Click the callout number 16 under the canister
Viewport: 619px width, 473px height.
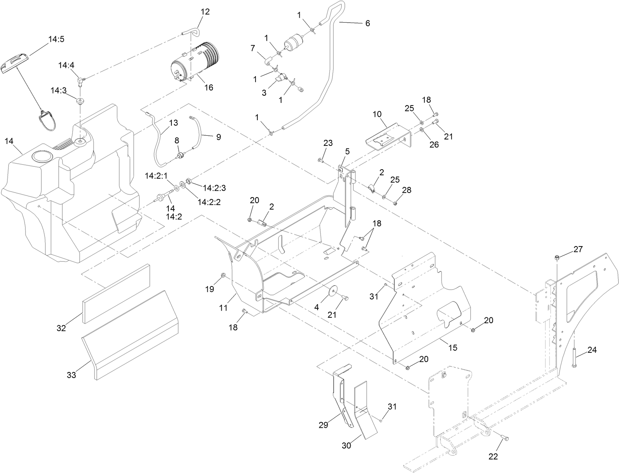pyautogui.click(x=208, y=87)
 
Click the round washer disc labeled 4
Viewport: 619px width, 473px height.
pyautogui.click(x=333, y=293)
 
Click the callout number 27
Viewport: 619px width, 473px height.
pyautogui.click(x=578, y=249)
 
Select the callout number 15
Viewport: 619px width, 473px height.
pyautogui.click(x=452, y=347)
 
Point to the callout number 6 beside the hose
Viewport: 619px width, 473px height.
pyautogui.click(x=367, y=23)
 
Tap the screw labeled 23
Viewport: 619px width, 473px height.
pyautogui.click(x=320, y=161)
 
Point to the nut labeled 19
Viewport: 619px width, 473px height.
pyautogui.click(x=223, y=276)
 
